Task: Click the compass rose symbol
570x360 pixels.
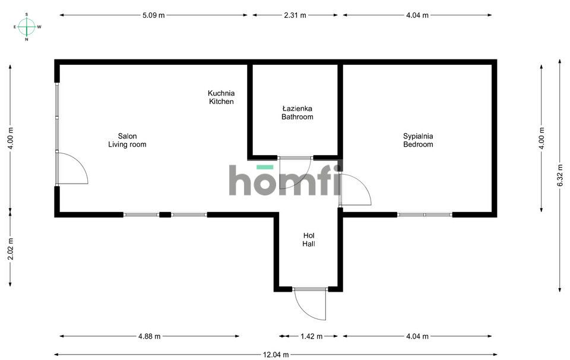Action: [27, 27]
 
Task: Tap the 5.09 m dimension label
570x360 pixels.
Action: [153, 15]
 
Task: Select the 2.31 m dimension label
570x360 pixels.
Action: [295, 15]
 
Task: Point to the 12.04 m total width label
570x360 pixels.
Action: [275, 355]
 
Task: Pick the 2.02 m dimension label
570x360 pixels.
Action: [11, 249]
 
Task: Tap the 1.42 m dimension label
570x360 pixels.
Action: [311, 336]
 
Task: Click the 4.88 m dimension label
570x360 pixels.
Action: [149, 336]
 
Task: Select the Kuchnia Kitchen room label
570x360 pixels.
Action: [221, 97]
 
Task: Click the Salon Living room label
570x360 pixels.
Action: [127, 140]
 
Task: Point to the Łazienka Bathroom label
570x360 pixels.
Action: [297, 113]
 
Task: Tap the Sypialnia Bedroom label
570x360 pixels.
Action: [418, 140]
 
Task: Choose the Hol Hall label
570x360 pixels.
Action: [309, 239]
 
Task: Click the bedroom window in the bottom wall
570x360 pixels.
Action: [425, 215]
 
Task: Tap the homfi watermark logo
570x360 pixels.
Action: [286, 179]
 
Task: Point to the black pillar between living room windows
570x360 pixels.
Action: [165, 215]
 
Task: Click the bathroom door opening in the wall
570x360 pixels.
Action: [296, 158]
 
